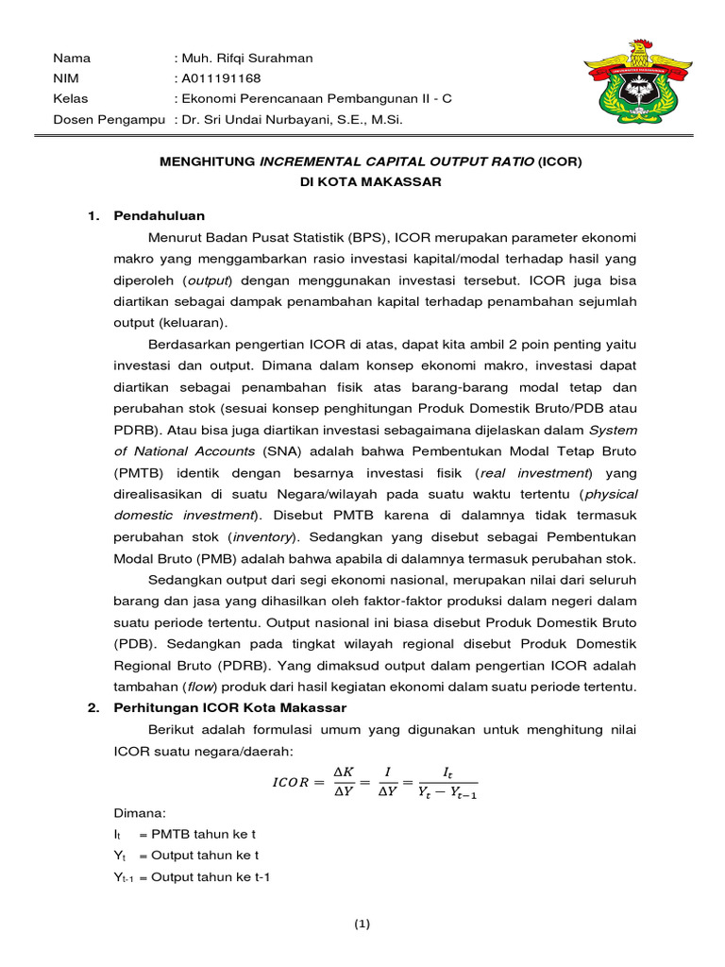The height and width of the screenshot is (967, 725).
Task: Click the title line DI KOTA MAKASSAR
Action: [370, 181]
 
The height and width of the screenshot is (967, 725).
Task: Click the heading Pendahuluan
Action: [159, 216]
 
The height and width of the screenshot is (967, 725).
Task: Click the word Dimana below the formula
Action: [139, 813]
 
